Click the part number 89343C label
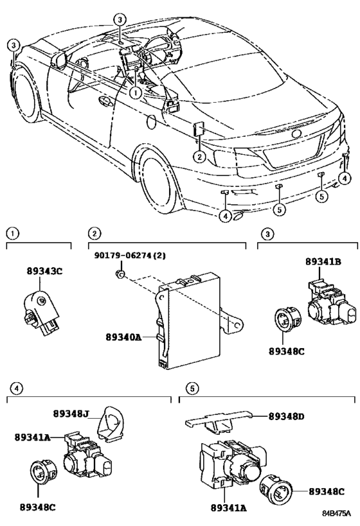coord(44,271)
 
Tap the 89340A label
coord(123,337)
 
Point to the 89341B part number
coord(323,261)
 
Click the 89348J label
coord(71,414)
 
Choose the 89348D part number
coord(287,416)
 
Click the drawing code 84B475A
coord(336,513)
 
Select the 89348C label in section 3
coord(287,351)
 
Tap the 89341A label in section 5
coord(229,507)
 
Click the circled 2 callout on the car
coord(199,156)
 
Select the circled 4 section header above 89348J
coord(16,389)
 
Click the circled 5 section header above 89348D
coord(192,389)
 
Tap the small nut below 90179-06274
coord(120,275)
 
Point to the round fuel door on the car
coord(151,122)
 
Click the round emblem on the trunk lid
coord(296,134)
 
